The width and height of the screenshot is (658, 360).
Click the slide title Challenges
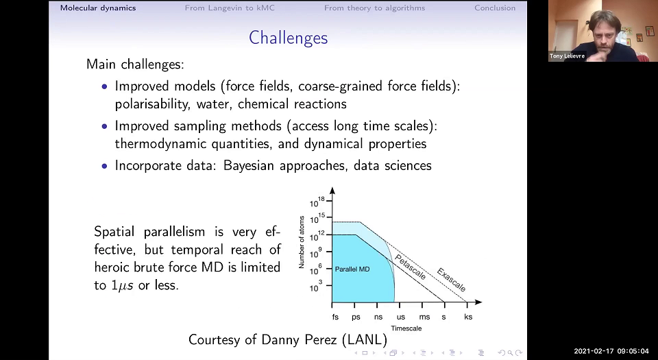pyautogui.click(x=288, y=37)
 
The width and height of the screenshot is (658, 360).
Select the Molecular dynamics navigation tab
pyautogui.click(x=98, y=8)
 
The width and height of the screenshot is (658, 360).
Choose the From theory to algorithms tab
pyautogui.click(x=374, y=8)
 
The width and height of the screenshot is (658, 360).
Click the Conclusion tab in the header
pyautogui.click(x=495, y=8)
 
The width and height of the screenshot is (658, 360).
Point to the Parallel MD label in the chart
pyautogui.click(x=352, y=269)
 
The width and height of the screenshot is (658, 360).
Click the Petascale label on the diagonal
pyautogui.click(x=411, y=266)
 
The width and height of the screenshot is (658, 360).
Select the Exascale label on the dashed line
pyautogui.click(x=451, y=279)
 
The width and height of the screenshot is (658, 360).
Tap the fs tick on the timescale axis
pyautogui.click(x=335, y=317)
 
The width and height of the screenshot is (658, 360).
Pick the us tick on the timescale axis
pyautogui.click(x=400, y=317)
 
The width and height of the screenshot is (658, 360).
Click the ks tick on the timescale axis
pyautogui.click(x=468, y=317)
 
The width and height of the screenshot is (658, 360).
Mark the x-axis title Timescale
pyautogui.click(x=406, y=328)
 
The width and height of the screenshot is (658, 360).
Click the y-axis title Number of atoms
pyautogui.click(x=302, y=241)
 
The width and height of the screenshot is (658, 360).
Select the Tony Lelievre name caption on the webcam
pyautogui.click(x=567, y=56)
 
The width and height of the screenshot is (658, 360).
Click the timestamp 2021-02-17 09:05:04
pyautogui.click(x=611, y=350)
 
